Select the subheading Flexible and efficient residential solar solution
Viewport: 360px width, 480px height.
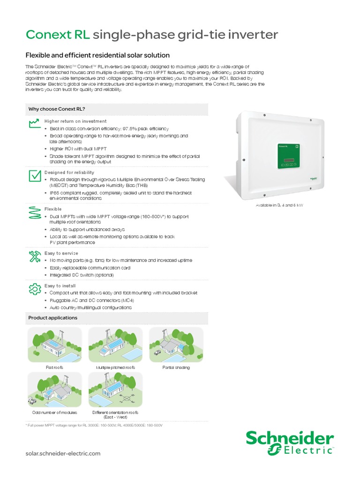tap(97, 55)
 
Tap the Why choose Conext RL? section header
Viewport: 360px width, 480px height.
tap(57, 109)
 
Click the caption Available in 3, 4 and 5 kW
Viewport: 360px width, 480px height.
tap(279, 206)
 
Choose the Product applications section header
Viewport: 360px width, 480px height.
tap(53, 318)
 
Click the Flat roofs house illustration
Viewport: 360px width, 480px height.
tap(54, 345)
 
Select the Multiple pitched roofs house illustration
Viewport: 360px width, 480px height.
tap(115, 345)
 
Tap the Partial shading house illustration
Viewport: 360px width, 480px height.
tap(176, 345)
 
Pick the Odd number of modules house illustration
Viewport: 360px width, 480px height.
tap(54, 389)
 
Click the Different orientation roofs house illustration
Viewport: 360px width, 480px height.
tap(115, 389)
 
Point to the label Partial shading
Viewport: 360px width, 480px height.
tap(176, 367)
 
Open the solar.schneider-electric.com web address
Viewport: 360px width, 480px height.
tap(63, 453)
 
